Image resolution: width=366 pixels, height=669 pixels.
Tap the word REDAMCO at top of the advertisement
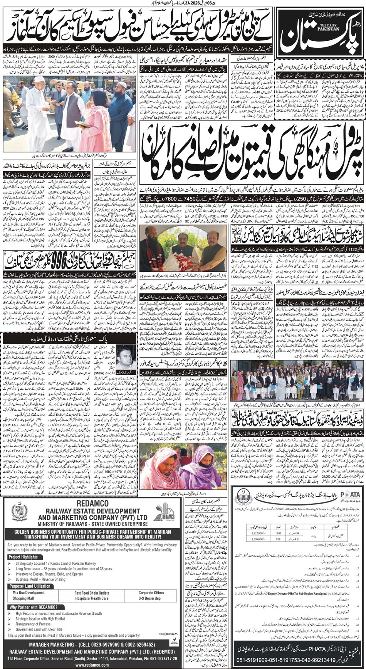pos(92,504)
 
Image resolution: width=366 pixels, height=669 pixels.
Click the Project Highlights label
pos(23,557)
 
